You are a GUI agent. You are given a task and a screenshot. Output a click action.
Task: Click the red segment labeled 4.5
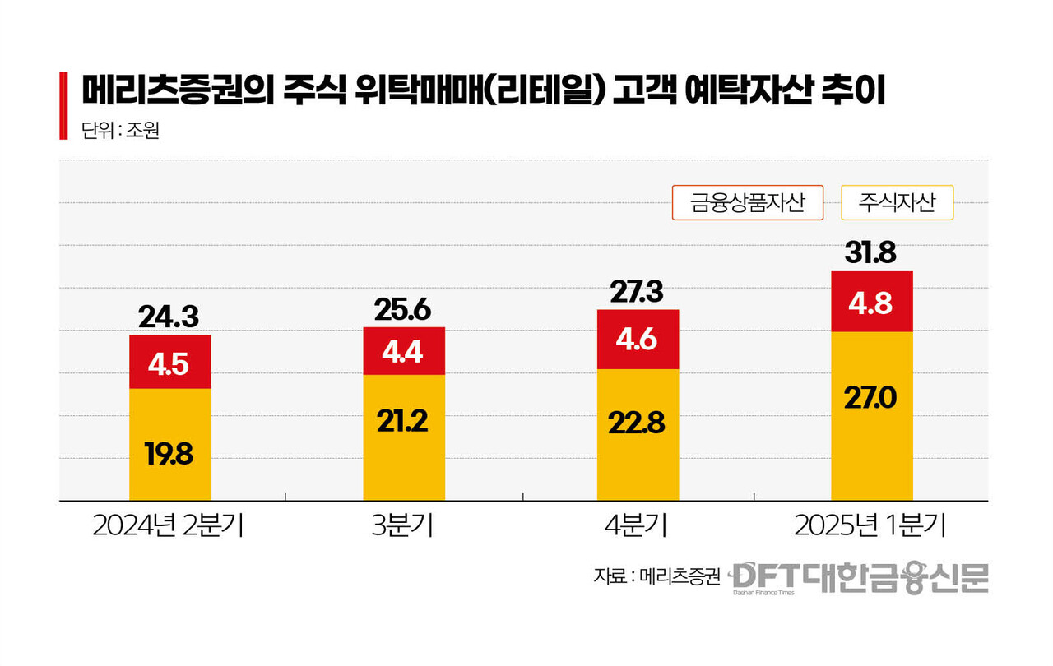(x=170, y=362)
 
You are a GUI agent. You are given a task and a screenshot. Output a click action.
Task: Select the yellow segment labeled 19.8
(x=170, y=444)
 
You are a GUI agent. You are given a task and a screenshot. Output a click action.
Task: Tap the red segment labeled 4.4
(x=404, y=351)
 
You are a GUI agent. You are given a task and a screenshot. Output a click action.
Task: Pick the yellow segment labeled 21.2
(x=404, y=437)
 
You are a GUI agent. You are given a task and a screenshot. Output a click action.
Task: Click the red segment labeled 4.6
(x=638, y=340)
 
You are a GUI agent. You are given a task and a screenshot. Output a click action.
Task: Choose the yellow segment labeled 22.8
(x=638, y=434)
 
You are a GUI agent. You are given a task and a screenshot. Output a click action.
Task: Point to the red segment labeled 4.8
(x=872, y=301)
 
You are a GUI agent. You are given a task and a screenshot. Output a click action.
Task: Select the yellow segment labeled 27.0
(x=872, y=415)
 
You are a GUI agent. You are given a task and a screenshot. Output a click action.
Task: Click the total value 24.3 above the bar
(x=170, y=317)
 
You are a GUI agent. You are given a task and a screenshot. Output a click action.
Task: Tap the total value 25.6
(x=403, y=309)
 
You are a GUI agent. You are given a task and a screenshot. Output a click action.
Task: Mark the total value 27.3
(x=638, y=292)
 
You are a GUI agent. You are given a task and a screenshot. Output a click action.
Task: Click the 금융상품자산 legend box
(x=748, y=202)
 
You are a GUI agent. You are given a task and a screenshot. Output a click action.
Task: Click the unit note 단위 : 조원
(x=120, y=131)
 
